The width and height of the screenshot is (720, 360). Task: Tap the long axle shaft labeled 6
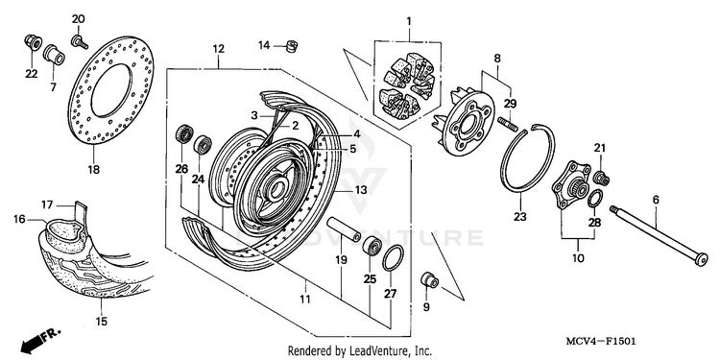click(x=659, y=236)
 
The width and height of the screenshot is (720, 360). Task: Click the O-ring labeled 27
click(x=393, y=258)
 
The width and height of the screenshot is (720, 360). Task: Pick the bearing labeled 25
click(x=371, y=246)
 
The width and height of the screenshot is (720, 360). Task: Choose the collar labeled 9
click(x=429, y=279)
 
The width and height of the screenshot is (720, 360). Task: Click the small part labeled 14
click(x=291, y=46)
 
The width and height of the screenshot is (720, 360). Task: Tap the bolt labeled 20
click(x=79, y=41)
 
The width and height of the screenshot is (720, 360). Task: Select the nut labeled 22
click(x=33, y=42)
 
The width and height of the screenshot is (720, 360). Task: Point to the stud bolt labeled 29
click(x=508, y=124)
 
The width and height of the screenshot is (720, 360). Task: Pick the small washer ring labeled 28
click(x=595, y=198)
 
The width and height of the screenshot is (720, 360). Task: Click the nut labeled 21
click(x=602, y=178)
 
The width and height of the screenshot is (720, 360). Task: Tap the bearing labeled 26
click(x=183, y=133)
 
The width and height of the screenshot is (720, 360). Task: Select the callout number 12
click(x=218, y=49)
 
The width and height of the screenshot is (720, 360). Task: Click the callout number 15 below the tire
click(x=102, y=322)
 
